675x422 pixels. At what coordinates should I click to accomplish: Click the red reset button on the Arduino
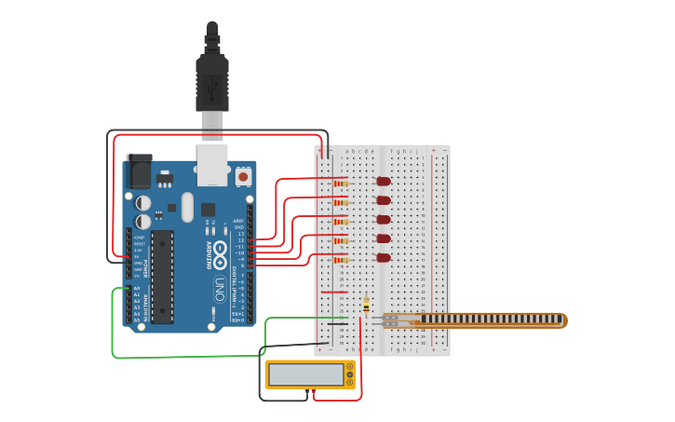(x=243, y=175)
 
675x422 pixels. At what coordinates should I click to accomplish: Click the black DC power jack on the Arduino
(x=138, y=170)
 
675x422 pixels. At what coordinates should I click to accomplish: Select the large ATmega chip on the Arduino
(x=162, y=277)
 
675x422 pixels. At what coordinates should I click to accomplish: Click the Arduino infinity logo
(x=220, y=250)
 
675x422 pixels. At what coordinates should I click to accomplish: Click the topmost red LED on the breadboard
(x=383, y=182)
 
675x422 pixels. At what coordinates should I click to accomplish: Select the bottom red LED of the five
(x=383, y=258)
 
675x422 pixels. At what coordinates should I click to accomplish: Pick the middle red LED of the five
(x=383, y=220)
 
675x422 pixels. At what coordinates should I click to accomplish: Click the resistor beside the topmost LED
(x=341, y=184)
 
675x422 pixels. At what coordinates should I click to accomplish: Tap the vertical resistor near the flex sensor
(x=366, y=305)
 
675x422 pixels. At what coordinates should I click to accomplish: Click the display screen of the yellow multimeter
(x=305, y=374)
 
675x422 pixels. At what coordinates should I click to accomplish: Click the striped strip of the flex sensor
(x=489, y=320)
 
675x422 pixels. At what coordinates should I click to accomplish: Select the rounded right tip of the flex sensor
(x=563, y=320)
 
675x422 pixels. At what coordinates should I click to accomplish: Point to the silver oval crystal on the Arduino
(x=187, y=207)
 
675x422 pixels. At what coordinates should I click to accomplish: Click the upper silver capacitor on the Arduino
(x=143, y=202)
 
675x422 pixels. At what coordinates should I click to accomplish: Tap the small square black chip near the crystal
(x=208, y=210)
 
